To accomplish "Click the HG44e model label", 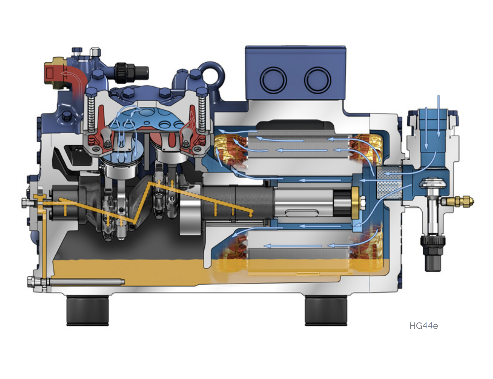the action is click(423, 326).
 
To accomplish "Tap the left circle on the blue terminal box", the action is click(273, 80).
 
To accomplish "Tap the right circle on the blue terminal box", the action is click(318, 80).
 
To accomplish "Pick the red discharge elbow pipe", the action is click(75, 79).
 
